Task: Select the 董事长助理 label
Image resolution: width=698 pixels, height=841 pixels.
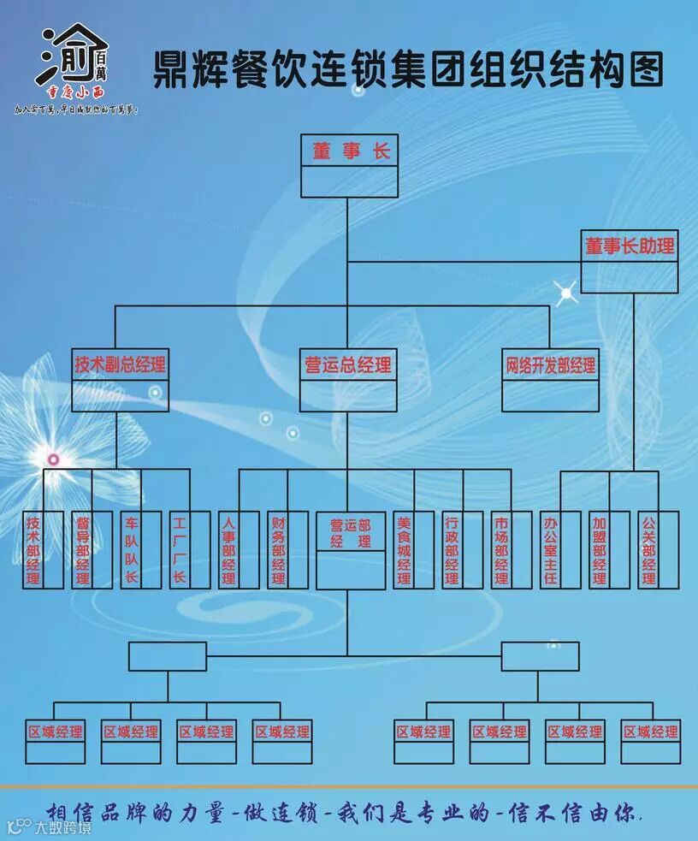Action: pos(630,246)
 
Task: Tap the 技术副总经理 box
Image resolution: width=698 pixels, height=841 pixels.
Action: pos(120,365)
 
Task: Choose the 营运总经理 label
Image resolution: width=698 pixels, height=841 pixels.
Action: pos(348,365)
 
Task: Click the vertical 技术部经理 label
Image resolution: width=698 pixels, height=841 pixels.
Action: pos(33,550)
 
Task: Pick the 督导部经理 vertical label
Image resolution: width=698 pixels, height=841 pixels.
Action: pos(82,550)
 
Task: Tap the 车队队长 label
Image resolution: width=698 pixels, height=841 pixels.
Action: pos(131,550)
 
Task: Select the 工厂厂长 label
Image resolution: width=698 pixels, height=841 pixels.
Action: pos(179,550)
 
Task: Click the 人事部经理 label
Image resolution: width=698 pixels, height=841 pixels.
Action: pos(228,550)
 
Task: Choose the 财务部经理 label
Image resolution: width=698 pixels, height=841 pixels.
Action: pos(278,550)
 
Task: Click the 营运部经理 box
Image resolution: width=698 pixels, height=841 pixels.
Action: pos(351,533)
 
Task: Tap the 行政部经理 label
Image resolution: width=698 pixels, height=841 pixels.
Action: pos(453,550)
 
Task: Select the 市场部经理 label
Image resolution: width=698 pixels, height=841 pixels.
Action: pos(501,550)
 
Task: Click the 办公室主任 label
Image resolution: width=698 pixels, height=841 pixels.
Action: pos(550,550)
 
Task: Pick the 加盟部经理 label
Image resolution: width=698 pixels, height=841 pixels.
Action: pos(599,550)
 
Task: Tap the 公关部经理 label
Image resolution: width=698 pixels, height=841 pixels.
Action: pos(648,550)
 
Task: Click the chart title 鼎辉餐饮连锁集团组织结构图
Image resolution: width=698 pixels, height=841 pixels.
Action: pos(408,68)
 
